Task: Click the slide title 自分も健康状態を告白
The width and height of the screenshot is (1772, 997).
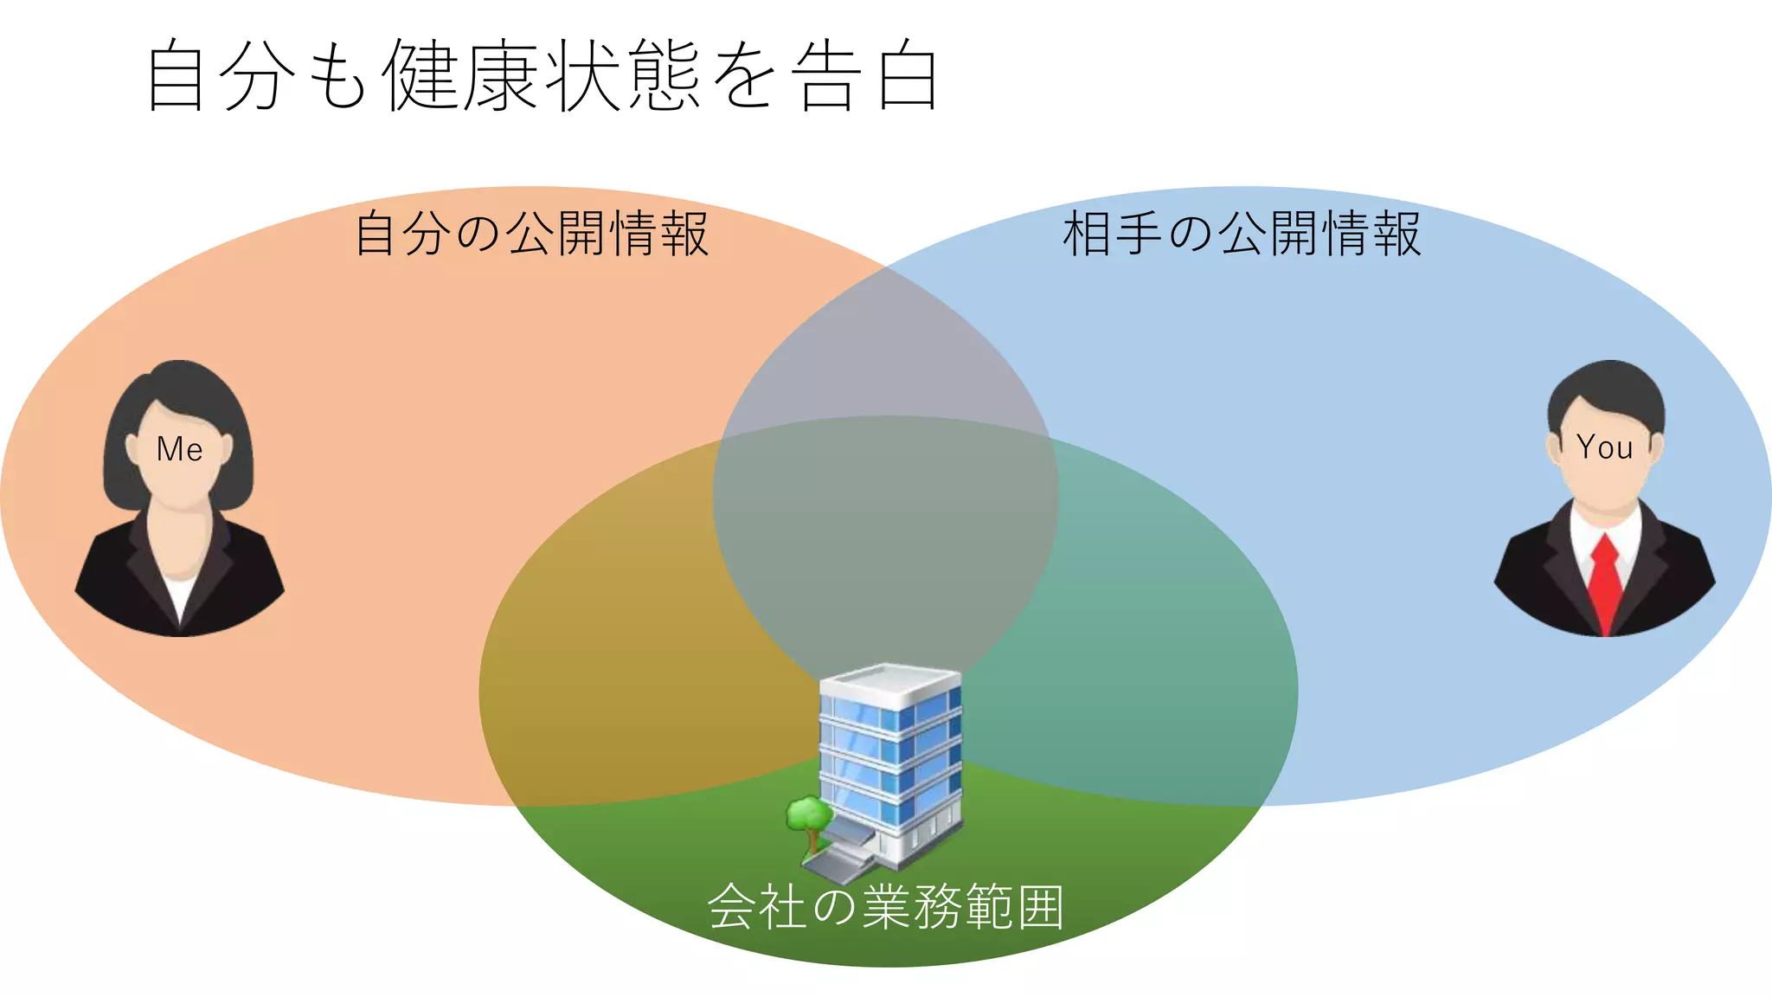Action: pyautogui.click(x=543, y=76)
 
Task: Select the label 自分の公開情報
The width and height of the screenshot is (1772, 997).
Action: pyautogui.click(x=531, y=234)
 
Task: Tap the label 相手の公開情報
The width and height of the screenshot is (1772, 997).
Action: pyautogui.click(x=1241, y=234)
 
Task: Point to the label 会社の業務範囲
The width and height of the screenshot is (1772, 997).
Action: pyautogui.click(x=885, y=907)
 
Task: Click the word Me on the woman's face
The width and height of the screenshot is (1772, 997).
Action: pyautogui.click(x=180, y=449)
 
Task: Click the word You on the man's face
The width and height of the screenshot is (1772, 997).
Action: pyautogui.click(x=1604, y=447)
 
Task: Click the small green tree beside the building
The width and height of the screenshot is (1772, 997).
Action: pyautogui.click(x=808, y=818)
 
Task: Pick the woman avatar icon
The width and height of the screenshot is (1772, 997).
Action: pyautogui.click(x=180, y=502)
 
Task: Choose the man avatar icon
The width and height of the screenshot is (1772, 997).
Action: pyautogui.click(x=1605, y=502)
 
